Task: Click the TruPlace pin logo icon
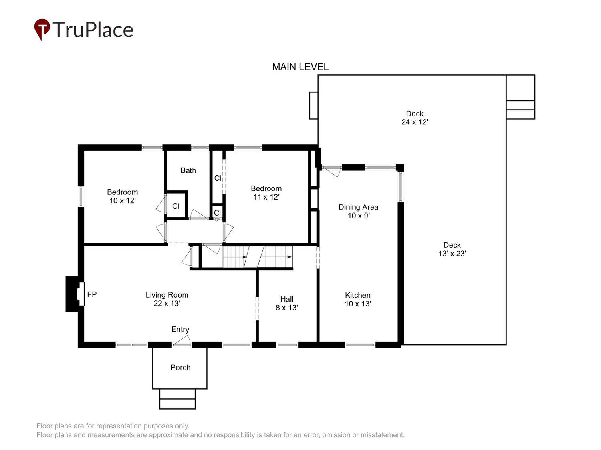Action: coord(42,29)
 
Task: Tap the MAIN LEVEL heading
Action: coord(300,67)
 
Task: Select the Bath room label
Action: coord(188,170)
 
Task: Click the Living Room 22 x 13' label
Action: coord(167,299)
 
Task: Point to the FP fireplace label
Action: coord(92,294)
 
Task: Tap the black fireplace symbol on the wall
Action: coord(75,294)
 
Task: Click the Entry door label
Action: coord(180,329)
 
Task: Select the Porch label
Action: coord(180,367)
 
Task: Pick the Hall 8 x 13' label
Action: coord(286,303)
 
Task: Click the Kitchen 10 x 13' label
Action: coord(358,299)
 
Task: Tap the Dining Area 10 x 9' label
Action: coord(359,211)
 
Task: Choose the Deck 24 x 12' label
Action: coord(415,118)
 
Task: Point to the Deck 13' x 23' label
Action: coord(452,249)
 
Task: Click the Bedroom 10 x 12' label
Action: coord(122,196)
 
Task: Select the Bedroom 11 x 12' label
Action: coord(266,193)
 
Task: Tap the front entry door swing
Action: coord(182,340)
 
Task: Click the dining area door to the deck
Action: coord(331,171)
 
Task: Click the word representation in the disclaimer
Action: coord(119,426)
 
